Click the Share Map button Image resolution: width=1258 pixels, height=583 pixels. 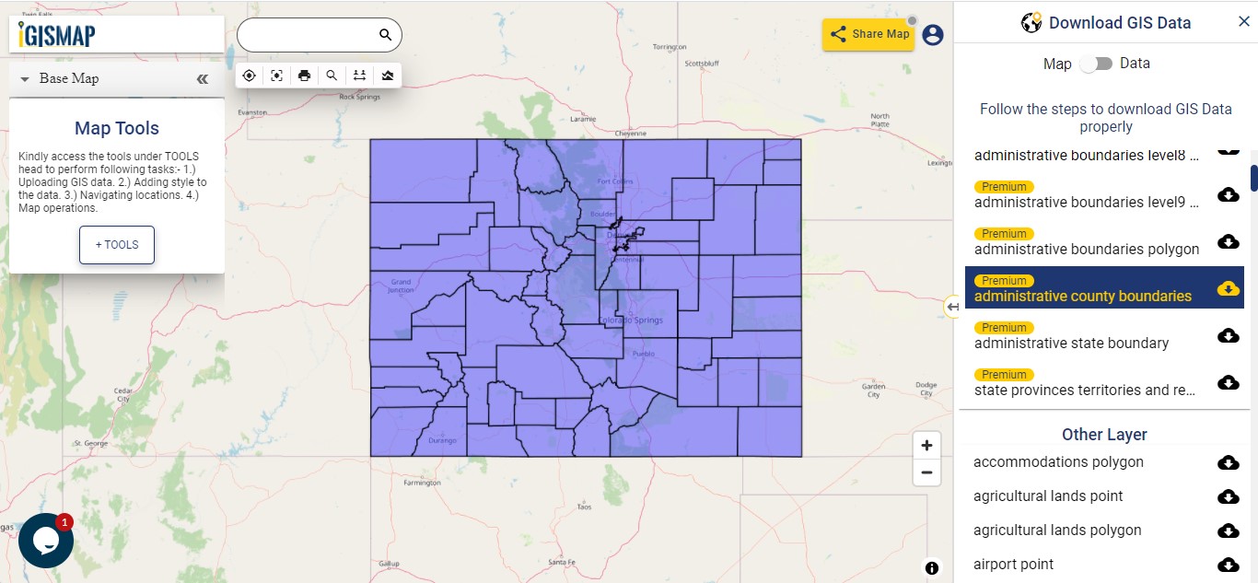(x=868, y=34)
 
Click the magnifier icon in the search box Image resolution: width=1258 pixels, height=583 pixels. (x=385, y=35)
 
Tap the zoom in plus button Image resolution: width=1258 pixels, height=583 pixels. (x=926, y=446)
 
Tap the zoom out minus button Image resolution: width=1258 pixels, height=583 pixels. (x=926, y=473)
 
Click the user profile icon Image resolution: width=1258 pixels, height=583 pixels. (x=933, y=35)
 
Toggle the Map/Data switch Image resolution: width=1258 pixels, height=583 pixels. (x=1096, y=64)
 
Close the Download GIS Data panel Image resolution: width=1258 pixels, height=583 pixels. (x=1244, y=22)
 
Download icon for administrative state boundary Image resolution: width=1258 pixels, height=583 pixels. (x=1228, y=335)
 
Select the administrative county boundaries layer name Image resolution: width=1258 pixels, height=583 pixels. (x=1083, y=296)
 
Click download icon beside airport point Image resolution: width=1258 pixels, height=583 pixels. (x=1228, y=565)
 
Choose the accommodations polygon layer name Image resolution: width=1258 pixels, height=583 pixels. (x=1058, y=461)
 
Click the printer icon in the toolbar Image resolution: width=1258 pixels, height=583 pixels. (x=304, y=76)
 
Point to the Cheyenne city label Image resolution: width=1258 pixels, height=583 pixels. (x=631, y=134)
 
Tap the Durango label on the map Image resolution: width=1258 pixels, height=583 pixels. (x=442, y=440)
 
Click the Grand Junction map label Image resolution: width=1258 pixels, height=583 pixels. (x=401, y=286)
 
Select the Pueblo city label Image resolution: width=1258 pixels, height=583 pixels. (x=643, y=354)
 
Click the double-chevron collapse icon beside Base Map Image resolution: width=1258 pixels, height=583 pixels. (x=203, y=79)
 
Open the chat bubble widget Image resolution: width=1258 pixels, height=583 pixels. (x=45, y=541)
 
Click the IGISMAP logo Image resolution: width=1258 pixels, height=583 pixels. (x=57, y=35)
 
